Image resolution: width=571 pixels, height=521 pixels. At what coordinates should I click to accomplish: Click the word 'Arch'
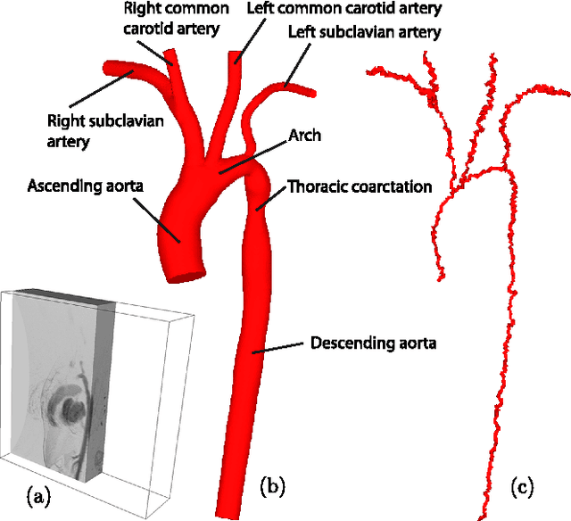coord(304,136)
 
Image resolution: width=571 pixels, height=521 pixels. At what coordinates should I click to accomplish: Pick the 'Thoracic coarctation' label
coord(359,187)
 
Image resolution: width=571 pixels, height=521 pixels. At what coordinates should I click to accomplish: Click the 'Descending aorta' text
coord(372,343)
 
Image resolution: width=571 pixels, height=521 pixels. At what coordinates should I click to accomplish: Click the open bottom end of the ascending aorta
coord(182,270)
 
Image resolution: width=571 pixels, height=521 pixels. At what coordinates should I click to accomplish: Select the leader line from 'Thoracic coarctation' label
coord(272,198)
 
